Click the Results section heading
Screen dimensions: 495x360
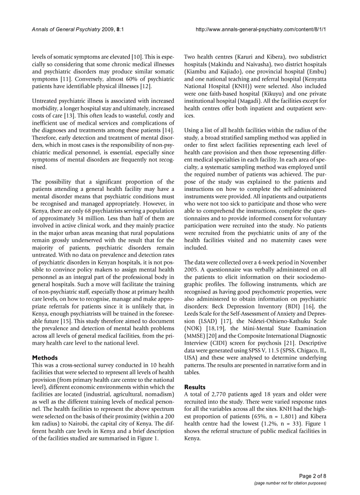195,387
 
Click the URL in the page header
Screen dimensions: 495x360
263,29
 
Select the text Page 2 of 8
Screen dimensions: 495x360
313,476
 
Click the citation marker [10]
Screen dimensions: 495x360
137,57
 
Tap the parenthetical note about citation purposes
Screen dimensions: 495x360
290,483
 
